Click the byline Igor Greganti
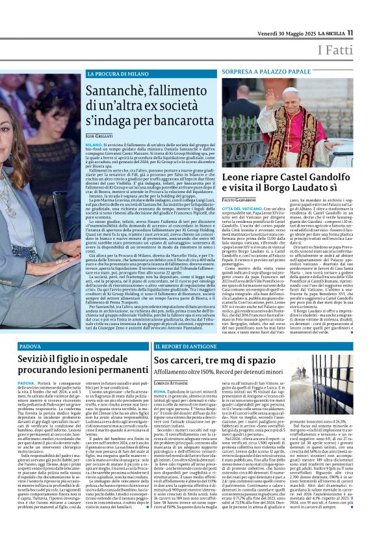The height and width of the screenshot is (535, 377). pos(99,134)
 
